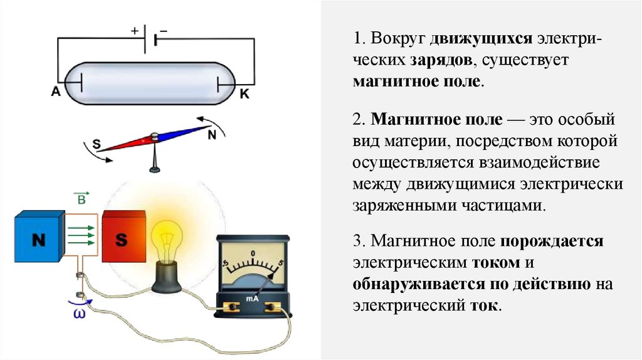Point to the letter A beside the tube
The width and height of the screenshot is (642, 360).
pyautogui.click(x=55, y=92)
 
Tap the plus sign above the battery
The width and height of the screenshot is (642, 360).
pyautogui.click(x=134, y=29)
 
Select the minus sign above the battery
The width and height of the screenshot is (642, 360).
pyautogui.click(x=164, y=29)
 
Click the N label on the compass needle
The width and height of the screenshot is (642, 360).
pyautogui.click(x=212, y=134)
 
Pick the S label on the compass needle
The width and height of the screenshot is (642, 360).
pyautogui.click(x=97, y=144)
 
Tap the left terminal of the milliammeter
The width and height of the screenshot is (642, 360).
pyautogui.click(x=231, y=307)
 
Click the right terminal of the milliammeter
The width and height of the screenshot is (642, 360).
pyautogui.click(x=273, y=307)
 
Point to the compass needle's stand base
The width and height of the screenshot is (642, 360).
pyautogui.click(x=154, y=167)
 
